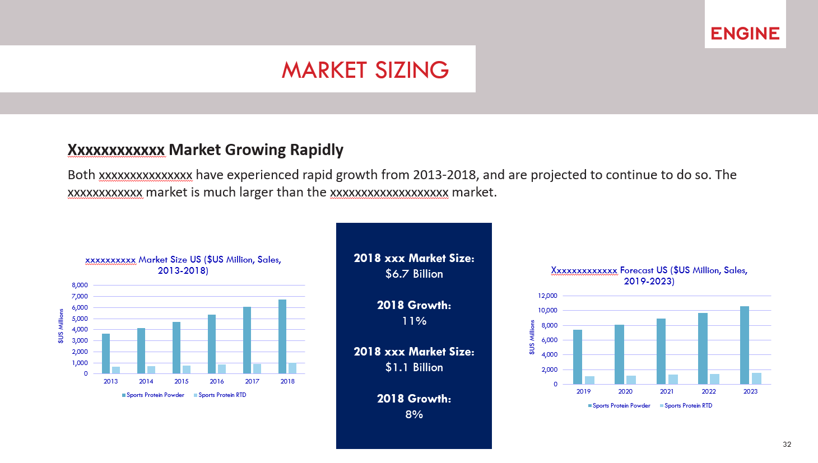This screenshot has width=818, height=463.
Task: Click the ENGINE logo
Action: (745, 33)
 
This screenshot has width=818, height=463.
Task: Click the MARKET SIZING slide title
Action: (365, 69)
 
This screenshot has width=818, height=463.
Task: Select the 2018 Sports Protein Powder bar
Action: (282, 336)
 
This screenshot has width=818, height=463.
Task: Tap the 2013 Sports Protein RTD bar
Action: (116, 370)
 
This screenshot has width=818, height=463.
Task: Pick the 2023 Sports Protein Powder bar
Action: (745, 345)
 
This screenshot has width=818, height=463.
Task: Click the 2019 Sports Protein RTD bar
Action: (590, 380)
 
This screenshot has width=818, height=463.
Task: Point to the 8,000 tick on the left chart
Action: (80, 285)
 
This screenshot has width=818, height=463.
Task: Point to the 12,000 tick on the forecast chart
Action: (547, 296)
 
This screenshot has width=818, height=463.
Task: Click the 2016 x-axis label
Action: (217, 381)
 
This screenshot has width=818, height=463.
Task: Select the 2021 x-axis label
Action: (667, 391)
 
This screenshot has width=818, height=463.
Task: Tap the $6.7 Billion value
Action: (414, 274)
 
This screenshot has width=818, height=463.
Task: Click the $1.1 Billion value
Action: (414, 367)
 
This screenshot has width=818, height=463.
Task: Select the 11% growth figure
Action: (414, 321)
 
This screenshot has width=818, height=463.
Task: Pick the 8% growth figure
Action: (414, 414)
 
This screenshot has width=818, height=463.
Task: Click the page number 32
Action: (787, 444)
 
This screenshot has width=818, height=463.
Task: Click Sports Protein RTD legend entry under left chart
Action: (220, 395)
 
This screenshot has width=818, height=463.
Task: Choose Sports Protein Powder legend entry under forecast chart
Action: (619, 405)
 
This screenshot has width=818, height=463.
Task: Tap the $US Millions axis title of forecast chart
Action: (532, 337)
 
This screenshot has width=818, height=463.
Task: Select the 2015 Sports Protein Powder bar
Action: (176, 348)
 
